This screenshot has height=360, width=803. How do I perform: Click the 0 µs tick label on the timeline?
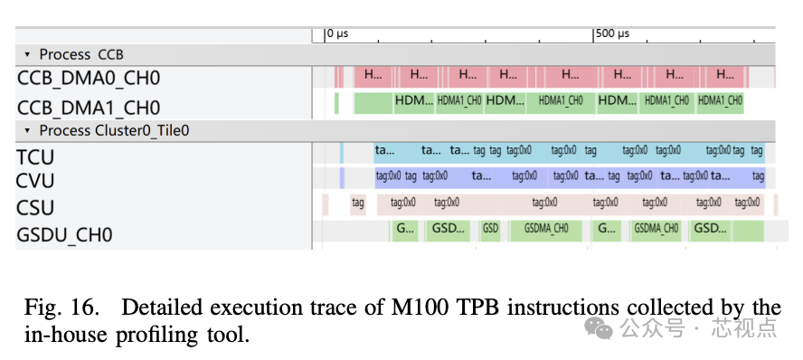(338, 33)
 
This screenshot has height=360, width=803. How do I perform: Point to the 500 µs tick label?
(613, 33)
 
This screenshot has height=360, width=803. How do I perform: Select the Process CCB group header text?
(81, 54)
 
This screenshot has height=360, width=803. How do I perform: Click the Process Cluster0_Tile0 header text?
(113, 130)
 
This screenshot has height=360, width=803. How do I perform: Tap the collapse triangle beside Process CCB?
(28, 55)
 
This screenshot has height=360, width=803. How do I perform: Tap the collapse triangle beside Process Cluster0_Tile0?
(28, 131)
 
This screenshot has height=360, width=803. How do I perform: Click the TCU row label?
(35, 157)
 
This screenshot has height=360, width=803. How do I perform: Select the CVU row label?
(36, 181)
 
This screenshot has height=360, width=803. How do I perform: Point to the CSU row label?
(35, 208)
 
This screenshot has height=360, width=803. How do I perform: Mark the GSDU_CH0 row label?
(64, 235)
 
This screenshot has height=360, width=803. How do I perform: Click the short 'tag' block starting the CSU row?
(358, 204)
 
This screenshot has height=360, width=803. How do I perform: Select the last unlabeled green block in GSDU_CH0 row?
(748, 230)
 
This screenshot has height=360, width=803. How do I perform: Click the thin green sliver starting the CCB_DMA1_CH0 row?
(336, 102)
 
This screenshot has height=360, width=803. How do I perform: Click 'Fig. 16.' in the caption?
(53, 307)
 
